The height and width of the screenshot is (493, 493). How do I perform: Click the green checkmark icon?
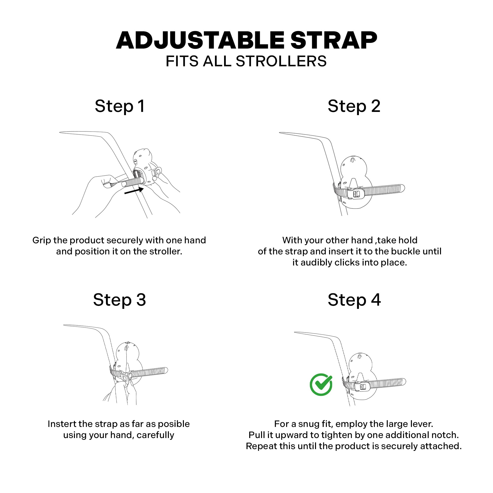[x=321, y=385]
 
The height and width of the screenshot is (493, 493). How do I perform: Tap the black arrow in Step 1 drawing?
[x=134, y=190]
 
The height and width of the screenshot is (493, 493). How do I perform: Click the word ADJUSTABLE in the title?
[x=200, y=40]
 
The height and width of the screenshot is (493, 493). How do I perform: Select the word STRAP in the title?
[x=334, y=40]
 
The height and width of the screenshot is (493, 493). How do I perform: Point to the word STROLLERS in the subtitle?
[x=281, y=61]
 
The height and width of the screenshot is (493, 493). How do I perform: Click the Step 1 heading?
[x=120, y=106]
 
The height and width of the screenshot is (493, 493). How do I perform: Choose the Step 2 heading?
[x=354, y=106]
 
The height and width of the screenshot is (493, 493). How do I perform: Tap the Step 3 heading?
[x=119, y=300]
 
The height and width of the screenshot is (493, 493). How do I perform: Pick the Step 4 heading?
[x=354, y=300]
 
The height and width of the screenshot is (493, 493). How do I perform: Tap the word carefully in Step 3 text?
[x=155, y=435]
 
